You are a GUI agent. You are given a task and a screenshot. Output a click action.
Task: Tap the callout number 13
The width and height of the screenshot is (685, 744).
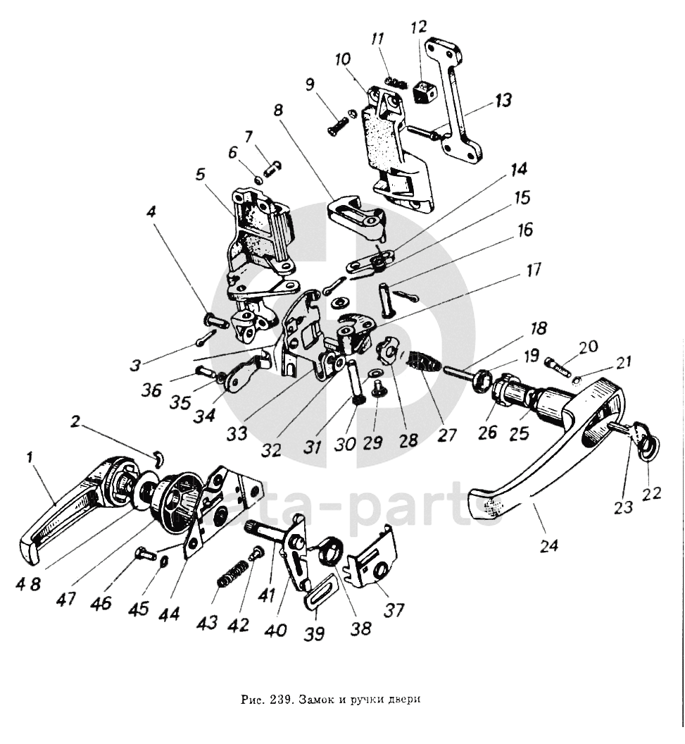point(503,101)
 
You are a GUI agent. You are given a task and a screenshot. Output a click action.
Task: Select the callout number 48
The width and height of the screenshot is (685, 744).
point(30,583)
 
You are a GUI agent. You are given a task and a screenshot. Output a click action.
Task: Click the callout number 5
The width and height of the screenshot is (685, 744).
point(201,175)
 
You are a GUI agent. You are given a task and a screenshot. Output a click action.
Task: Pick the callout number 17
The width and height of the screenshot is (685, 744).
point(533,270)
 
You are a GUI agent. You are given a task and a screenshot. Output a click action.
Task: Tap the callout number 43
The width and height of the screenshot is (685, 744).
point(207,622)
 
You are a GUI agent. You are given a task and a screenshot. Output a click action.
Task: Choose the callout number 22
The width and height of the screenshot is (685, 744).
point(652,493)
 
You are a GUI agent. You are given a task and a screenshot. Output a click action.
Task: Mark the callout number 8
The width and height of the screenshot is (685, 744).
point(278,110)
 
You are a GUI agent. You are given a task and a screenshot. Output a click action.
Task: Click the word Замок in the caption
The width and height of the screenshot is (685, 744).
point(314,699)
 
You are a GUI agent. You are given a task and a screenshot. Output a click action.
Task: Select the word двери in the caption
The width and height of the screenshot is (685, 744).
point(406,700)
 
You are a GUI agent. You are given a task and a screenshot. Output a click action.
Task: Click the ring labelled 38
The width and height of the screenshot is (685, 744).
point(330,550)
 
